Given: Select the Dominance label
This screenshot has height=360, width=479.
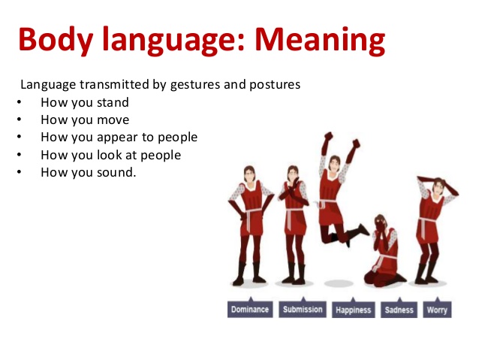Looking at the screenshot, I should [x=249, y=309].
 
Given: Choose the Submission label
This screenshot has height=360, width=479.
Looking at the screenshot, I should [x=303, y=309].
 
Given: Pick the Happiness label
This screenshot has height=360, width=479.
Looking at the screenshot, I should [x=354, y=309].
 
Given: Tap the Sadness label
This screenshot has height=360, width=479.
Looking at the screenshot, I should [x=399, y=309].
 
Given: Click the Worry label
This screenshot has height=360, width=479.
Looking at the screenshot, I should [x=436, y=309].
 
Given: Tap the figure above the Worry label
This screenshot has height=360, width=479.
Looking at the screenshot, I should [x=434, y=225].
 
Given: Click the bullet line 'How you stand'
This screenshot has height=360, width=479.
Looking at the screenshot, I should [x=84, y=102].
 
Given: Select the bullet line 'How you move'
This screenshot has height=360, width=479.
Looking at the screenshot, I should [x=85, y=119].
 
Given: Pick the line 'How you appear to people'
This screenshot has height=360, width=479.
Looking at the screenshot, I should [x=119, y=138].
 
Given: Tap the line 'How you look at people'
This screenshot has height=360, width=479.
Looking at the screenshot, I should [x=110, y=155].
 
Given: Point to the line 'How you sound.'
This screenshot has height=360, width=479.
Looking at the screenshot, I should [x=89, y=172].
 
